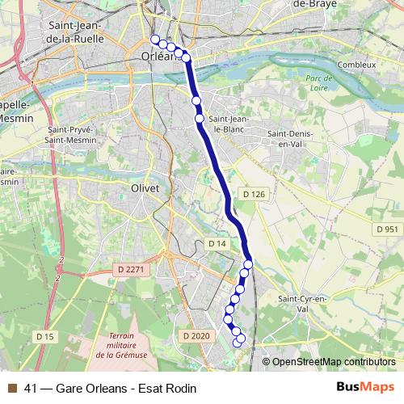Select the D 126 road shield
click(x=254, y=195)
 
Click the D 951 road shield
click(x=387, y=230)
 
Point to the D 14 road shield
click(x=217, y=243)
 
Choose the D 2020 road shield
click(x=196, y=335)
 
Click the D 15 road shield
click(x=44, y=335)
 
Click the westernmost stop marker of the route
click(x=155, y=40)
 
